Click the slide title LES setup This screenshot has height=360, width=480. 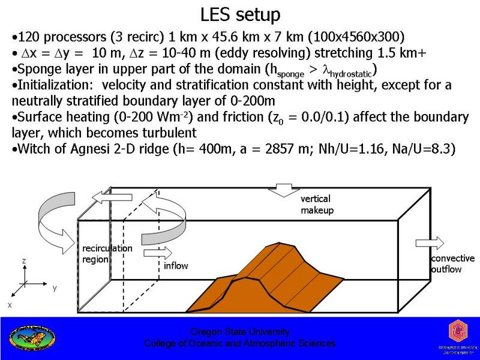coord(239,13)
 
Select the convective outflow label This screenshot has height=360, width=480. coord(452,264)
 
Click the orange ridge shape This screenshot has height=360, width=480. coord(282,270)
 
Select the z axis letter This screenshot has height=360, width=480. coord(23,262)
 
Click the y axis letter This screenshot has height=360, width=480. coord(55,288)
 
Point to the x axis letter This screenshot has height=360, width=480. coord(10,305)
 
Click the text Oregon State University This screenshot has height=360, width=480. coord(239,332)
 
